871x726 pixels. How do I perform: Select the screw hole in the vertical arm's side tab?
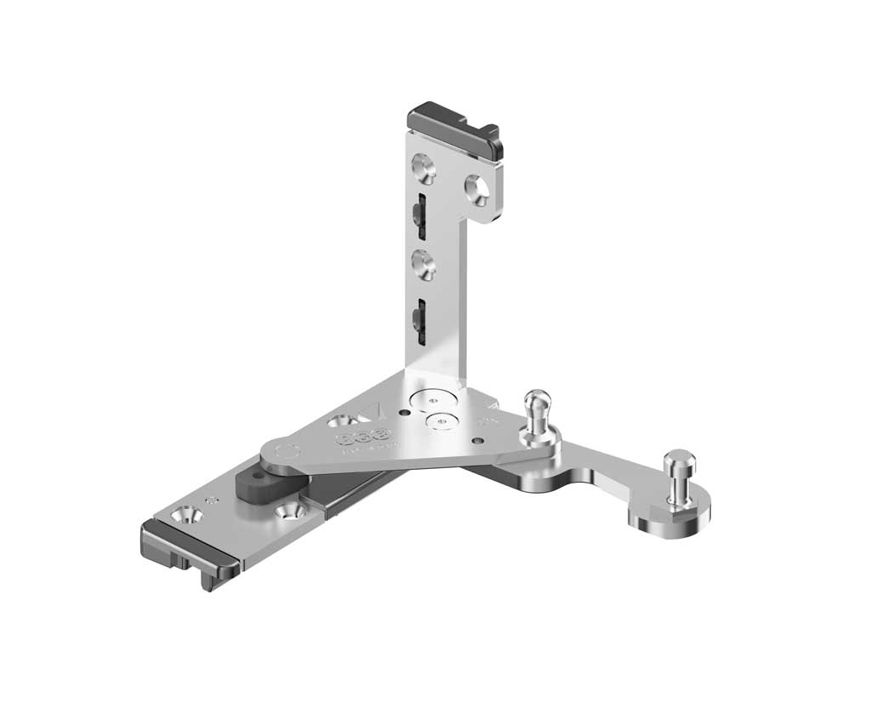pyautogui.click(x=477, y=189)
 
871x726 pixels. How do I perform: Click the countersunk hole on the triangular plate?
pyautogui.click(x=343, y=420)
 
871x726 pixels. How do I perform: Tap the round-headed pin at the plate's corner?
pyautogui.click(x=537, y=411)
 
